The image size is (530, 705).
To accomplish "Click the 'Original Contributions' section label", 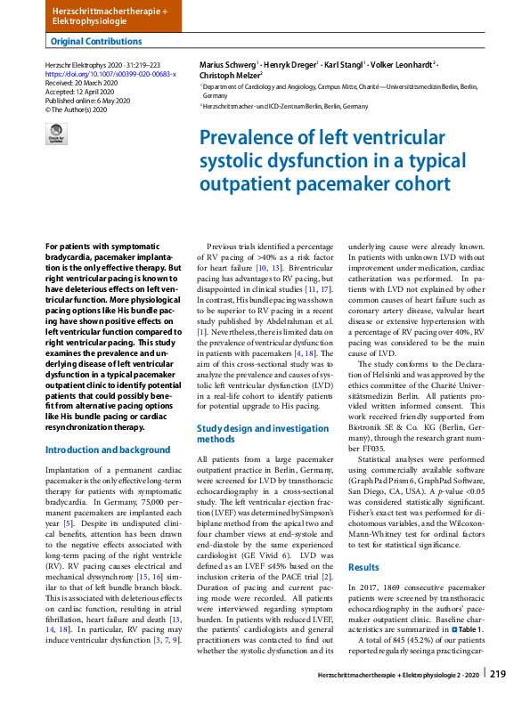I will pos(96,41).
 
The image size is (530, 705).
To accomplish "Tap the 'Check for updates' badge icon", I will pos(55,134).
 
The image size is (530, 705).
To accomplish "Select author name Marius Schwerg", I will pos(226,64).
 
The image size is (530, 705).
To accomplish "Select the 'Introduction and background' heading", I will pos(107,450).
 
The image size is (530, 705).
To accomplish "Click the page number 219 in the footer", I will pos(497,675).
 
